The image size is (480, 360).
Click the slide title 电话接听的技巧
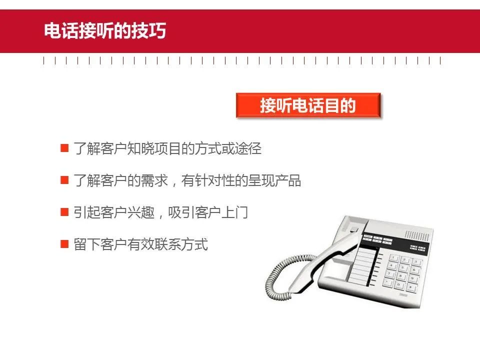click(x=105, y=30)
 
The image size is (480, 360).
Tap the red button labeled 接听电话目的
click(x=308, y=105)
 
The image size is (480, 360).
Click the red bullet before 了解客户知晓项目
click(x=64, y=148)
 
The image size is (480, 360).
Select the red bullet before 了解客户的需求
click(x=64, y=179)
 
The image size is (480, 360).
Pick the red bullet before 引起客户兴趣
click(x=64, y=212)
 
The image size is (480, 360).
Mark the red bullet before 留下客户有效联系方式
click(x=64, y=244)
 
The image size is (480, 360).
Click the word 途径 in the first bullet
click(x=248, y=148)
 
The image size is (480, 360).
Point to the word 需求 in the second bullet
click(x=154, y=180)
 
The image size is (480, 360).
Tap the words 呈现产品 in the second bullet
click(x=274, y=180)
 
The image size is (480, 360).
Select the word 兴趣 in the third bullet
click(x=141, y=212)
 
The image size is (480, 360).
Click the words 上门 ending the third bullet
click(x=234, y=212)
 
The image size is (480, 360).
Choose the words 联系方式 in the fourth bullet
click(x=181, y=244)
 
